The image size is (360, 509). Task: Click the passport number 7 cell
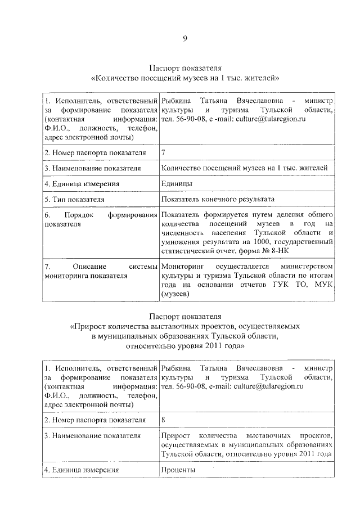coord(163,152)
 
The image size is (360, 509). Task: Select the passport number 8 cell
coord(163,419)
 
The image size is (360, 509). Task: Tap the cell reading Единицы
coord(177,183)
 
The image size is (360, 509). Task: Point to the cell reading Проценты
coord(178,469)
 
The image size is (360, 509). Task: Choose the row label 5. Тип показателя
coord(74,199)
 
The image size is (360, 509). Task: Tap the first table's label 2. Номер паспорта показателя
coord(94,152)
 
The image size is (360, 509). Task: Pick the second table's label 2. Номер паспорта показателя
coord(94,419)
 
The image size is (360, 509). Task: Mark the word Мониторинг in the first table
coord(183,265)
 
